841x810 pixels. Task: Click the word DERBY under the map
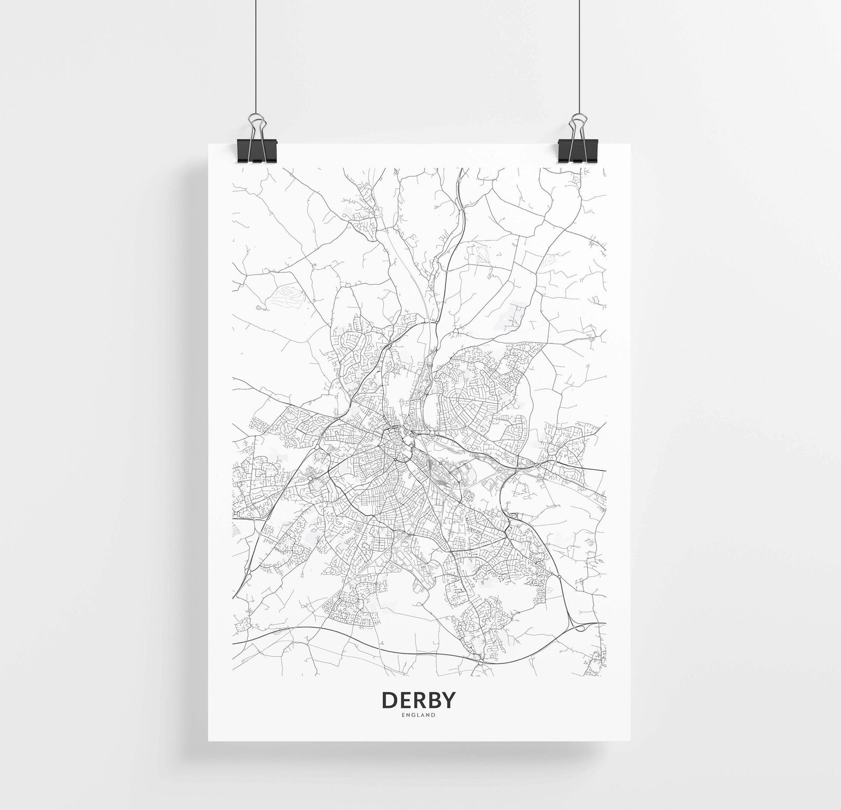pos(418,700)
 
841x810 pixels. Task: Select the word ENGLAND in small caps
pos(418,715)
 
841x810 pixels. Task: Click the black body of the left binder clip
pos(257,152)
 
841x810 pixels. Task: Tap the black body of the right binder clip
pos(578,152)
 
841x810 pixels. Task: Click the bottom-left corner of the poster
pos(209,740)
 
